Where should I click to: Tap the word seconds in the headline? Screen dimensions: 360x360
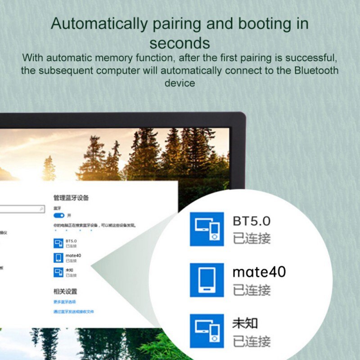tap(180, 43)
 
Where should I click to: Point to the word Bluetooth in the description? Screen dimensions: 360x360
tap(316, 70)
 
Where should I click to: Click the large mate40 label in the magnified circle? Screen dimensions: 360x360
tap(259, 272)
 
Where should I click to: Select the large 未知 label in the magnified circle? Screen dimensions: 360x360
tap(245, 323)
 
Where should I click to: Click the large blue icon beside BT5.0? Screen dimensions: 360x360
tap(207, 229)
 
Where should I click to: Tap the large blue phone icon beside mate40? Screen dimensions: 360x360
tap(207, 280)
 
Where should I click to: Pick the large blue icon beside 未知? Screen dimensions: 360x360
tap(207, 331)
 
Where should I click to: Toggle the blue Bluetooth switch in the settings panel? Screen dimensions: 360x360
tap(59, 216)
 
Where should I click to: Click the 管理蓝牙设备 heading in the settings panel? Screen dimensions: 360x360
tap(71, 198)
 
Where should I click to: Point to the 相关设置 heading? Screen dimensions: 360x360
tap(65, 292)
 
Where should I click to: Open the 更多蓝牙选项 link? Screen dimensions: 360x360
tap(64, 301)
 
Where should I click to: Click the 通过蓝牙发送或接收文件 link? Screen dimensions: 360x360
tap(73, 311)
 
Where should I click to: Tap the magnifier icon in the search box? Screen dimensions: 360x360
tap(42, 209)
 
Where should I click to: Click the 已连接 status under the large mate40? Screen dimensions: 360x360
tap(252, 290)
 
